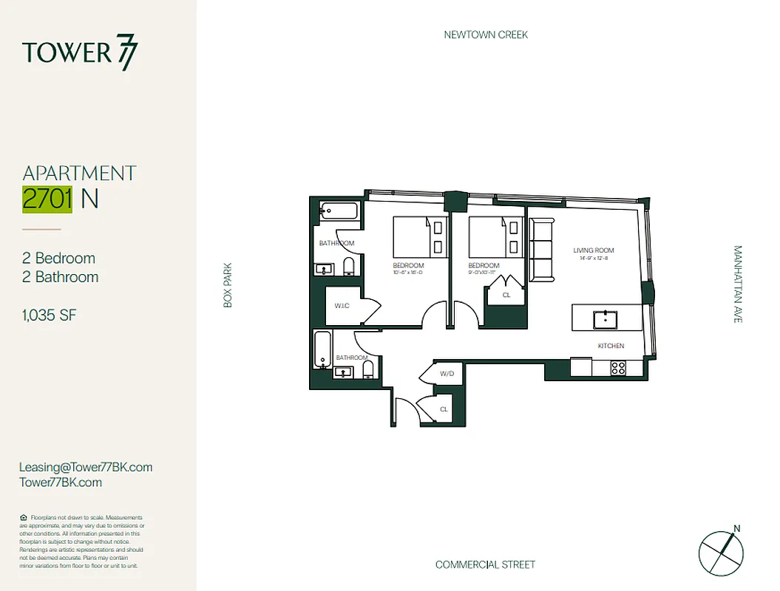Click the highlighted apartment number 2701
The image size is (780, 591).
tap(47, 199)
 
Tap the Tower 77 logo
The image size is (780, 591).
tap(80, 53)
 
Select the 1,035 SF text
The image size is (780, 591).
tap(50, 316)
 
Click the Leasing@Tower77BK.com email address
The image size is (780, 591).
tap(86, 467)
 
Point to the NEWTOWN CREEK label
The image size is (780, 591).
tap(486, 35)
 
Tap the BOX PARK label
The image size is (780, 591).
tap(228, 285)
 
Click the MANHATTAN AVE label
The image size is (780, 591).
tap(737, 284)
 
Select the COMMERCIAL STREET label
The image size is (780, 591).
tap(485, 565)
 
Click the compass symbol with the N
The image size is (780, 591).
tap(720, 550)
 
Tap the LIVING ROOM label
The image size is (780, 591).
tap(594, 251)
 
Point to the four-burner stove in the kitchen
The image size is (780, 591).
tap(618, 366)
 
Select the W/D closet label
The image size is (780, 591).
tap(447, 374)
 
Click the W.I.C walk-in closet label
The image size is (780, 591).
tap(342, 304)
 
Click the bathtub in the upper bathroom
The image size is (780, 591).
tap(339, 212)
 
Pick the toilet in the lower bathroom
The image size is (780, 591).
tap(368, 367)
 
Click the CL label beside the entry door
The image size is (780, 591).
tap(444, 409)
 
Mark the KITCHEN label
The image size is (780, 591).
tap(611, 346)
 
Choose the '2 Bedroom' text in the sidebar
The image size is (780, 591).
tap(59, 259)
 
